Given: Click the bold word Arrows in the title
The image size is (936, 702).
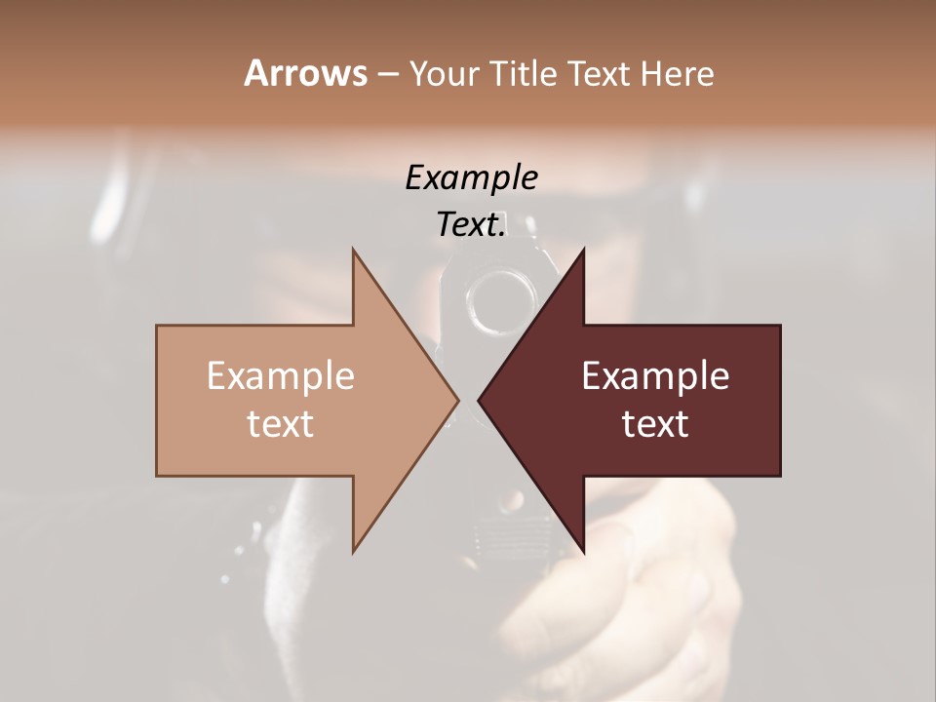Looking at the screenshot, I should pyautogui.click(x=305, y=73).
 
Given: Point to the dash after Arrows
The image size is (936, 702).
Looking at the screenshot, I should pyautogui.click(x=387, y=75).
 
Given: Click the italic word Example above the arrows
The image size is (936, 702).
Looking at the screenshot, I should pyautogui.click(x=471, y=177).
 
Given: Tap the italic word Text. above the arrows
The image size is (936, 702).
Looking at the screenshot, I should pyautogui.click(x=471, y=224).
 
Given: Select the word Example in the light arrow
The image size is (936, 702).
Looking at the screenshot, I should pyautogui.click(x=281, y=375).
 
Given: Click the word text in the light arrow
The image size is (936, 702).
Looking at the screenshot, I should pyautogui.click(x=281, y=423).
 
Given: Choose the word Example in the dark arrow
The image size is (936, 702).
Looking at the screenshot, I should pyautogui.click(x=655, y=375).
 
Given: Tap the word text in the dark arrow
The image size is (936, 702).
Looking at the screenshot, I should pyautogui.click(x=655, y=423).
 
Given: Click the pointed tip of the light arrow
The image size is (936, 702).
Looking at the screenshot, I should pyautogui.click(x=457, y=400).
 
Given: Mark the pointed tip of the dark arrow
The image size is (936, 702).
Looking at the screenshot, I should pyautogui.click(x=480, y=400).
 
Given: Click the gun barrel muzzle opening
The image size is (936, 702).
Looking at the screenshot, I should pyautogui.click(x=498, y=298).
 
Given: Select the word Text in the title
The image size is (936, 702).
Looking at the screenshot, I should pyautogui.click(x=601, y=74).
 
